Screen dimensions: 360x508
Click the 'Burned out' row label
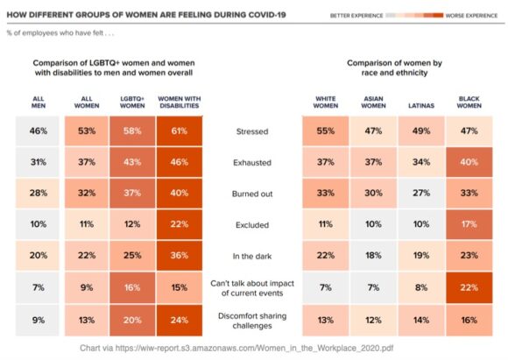tap(252, 194)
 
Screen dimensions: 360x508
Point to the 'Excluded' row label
tap(252, 224)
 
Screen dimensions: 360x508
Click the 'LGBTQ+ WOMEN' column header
tap(131, 101)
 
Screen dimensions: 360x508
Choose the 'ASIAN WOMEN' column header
tap(374, 101)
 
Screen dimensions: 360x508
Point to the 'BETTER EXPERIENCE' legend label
tap(356, 16)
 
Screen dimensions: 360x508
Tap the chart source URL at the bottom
tap(254, 346)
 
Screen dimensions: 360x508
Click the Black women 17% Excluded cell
tap(469, 224)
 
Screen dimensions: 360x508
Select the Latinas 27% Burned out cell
tap(421, 194)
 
